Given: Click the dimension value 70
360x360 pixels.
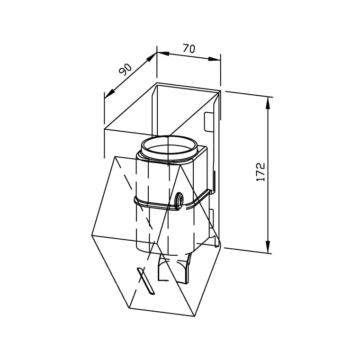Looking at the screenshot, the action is pyautogui.click(x=189, y=49).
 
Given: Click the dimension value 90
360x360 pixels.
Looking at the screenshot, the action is pyautogui.click(x=126, y=69).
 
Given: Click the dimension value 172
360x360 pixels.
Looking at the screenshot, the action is pyautogui.click(x=261, y=172).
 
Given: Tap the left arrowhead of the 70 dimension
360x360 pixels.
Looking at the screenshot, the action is pyautogui.click(x=163, y=54).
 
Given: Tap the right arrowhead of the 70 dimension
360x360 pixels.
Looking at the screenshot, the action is pyautogui.click(x=214, y=59).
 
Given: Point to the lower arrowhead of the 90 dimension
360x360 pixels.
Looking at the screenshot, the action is pyautogui.click(x=109, y=94).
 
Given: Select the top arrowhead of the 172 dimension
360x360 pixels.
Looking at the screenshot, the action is pyautogui.click(x=268, y=103).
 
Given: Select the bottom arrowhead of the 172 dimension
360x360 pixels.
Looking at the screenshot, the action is pyautogui.click(x=268, y=247).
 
